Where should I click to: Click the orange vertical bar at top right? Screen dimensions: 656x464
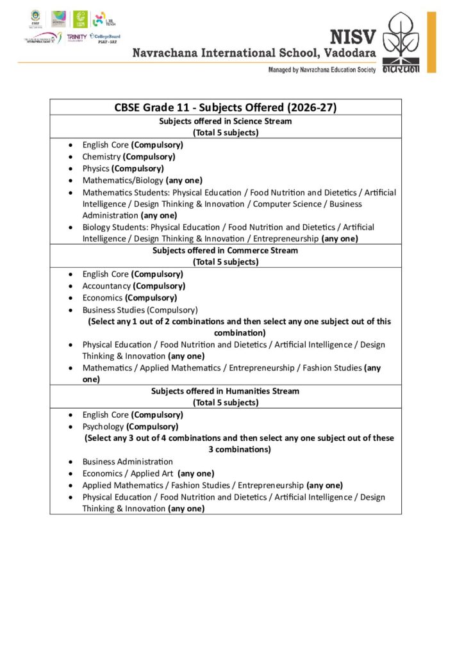(x=431, y=42)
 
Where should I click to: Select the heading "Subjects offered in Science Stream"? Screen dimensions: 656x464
(x=225, y=121)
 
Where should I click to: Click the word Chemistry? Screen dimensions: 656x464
(x=101, y=156)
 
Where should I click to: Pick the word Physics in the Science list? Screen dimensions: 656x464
(x=95, y=168)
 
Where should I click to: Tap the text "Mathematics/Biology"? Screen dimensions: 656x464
(x=122, y=180)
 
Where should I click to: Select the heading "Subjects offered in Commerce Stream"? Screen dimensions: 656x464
(x=225, y=250)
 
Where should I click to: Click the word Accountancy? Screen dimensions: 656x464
(x=106, y=286)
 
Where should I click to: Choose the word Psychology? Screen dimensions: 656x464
(x=103, y=427)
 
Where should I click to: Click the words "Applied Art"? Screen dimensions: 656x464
(x=150, y=473)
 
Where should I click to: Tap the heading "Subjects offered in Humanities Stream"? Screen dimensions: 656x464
(x=225, y=391)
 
